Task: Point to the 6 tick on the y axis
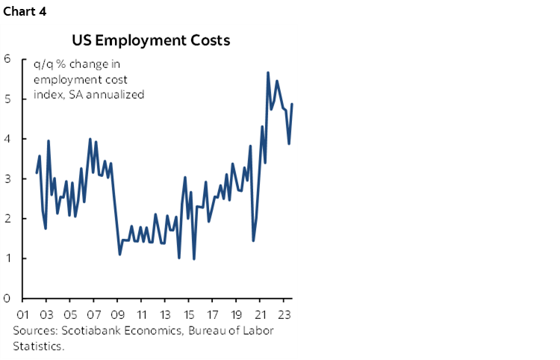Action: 7,59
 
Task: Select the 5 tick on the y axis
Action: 7,99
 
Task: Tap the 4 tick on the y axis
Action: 7,139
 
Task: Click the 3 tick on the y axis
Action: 7,179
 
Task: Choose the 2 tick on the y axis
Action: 7,219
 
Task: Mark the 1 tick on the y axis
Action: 7,259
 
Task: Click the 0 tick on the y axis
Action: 7,299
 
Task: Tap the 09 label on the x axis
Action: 118,314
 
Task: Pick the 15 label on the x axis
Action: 190,314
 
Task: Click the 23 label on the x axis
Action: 285,314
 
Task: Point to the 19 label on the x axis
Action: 237,314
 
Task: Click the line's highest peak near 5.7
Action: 268,72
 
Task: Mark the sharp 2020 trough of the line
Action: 253,240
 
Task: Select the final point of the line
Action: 292,104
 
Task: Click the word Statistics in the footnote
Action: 37,346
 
